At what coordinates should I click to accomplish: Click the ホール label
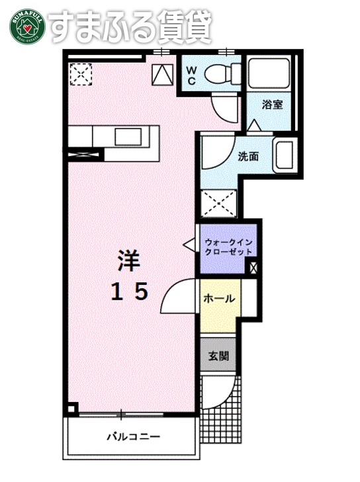pyautogui.click(x=219, y=298)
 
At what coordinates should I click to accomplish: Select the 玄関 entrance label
pyautogui.click(x=218, y=356)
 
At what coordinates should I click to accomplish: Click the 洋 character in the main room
pyautogui.click(x=129, y=260)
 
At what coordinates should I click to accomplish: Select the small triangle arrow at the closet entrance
pyautogui.click(x=188, y=246)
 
